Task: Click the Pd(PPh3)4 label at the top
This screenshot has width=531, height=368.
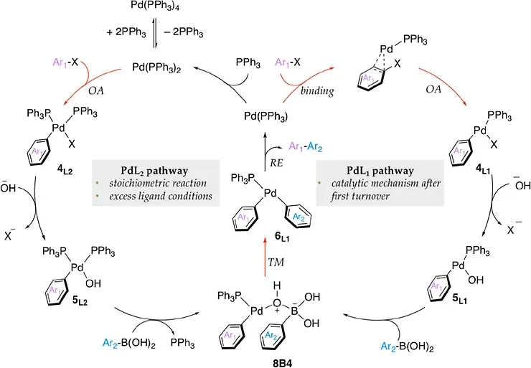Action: [x=155, y=6]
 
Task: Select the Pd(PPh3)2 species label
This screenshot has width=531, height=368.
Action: [x=156, y=67]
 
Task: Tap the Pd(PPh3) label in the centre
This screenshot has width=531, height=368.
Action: [x=265, y=116]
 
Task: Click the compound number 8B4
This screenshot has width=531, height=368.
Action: [x=282, y=363]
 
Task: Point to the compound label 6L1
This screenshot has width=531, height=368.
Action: [x=282, y=237]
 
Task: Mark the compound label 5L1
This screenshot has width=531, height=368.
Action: [x=459, y=298]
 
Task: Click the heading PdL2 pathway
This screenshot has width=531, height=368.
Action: [x=154, y=171]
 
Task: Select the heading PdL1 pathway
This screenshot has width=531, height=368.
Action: [x=380, y=171]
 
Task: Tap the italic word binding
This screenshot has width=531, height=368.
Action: [x=317, y=90]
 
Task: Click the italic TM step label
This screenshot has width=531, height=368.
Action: [x=276, y=262]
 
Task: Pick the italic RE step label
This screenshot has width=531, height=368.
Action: [x=276, y=163]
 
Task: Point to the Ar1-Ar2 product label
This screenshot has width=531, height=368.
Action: [x=306, y=146]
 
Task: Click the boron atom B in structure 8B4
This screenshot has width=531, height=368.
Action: [x=294, y=311]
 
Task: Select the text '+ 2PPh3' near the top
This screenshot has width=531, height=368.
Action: [x=126, y=32]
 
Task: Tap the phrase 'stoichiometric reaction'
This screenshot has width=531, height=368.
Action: [x=158, y=183]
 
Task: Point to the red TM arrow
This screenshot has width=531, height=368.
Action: [x=265, y=258]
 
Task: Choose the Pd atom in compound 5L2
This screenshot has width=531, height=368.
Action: [x=77, y=268]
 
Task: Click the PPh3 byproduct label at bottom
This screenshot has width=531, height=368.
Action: [x=182, y=343]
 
